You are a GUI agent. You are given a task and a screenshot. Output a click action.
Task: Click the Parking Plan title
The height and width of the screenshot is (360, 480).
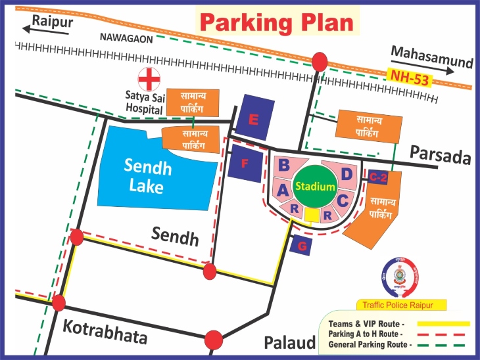[277, 22]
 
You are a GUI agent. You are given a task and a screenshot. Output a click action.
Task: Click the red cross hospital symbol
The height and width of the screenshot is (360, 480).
[149, 78]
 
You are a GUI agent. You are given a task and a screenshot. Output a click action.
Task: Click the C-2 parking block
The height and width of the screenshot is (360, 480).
[377, 177]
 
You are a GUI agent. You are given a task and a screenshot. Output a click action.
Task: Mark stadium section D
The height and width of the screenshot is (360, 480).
[346, 174]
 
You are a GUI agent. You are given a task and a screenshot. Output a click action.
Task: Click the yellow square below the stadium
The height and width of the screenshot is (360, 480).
[312, 215]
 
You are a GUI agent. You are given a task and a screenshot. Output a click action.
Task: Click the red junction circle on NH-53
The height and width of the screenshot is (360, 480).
[320, 62]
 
